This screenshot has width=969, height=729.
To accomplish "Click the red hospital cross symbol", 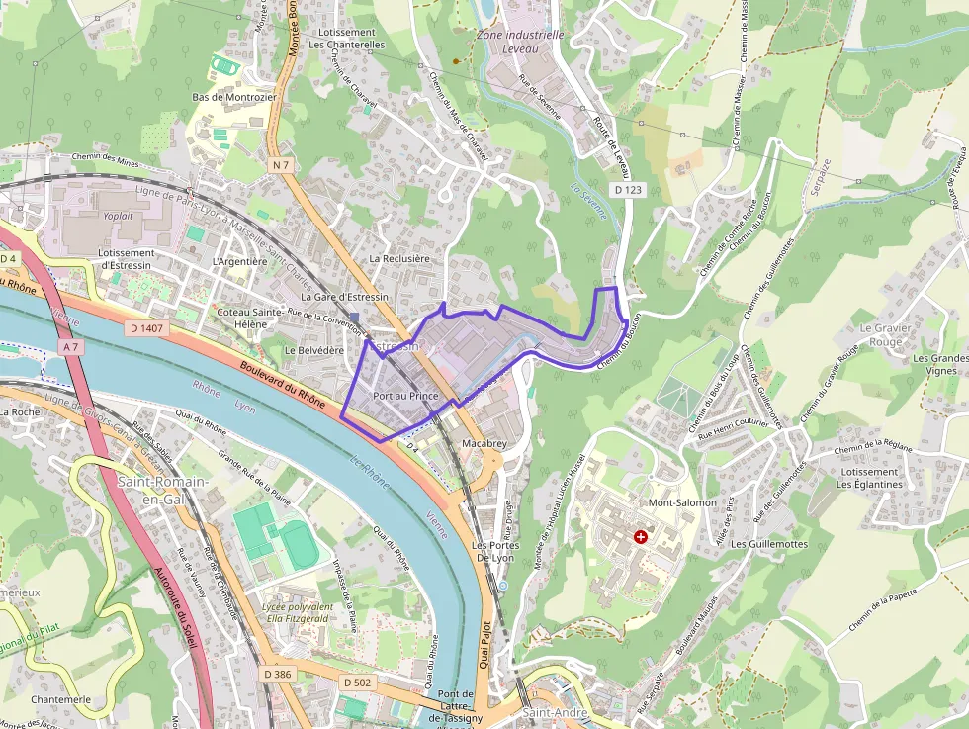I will point(641,537).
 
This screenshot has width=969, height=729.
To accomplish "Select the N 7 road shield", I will point(282,164).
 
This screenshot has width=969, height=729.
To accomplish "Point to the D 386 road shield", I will point(278,674).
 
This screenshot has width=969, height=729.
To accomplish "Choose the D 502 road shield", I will point(358,683).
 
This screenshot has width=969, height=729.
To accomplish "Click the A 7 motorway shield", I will point(69,347).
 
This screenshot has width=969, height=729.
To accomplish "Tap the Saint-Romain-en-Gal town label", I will point(163,490).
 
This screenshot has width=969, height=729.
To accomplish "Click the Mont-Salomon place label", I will point(682,502).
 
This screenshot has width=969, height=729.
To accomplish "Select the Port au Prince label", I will point(405,395).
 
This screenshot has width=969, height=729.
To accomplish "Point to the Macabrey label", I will point(484,444).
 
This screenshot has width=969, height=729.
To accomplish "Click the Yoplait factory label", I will point(119,215).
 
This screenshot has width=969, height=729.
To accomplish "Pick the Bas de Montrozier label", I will point(234,97).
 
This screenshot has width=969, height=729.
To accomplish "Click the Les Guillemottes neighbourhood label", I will point(768,544).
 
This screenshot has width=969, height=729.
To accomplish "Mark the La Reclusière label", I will point(399,258).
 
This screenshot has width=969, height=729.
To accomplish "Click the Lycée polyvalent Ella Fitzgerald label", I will point(297,612).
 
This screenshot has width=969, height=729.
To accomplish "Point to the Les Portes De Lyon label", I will point(495,551).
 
